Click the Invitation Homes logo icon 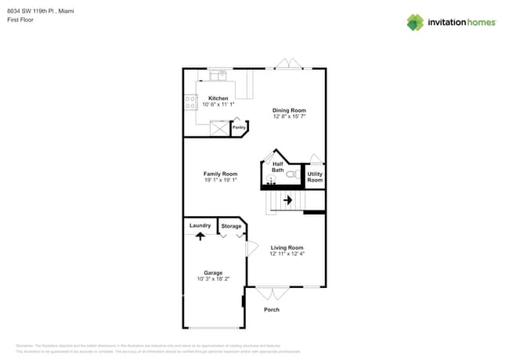(x=414, y=22)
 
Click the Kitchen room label (x=218, y=98)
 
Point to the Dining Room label (x=289, y=110)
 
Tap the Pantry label (x=239, y=127)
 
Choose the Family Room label (x=220, y=174)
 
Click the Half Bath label (x=278, y=167)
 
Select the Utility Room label (x=315, y=177)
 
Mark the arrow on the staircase (x=287, y=200)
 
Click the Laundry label (x=200, y=225)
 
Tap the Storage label (x=231, y=226)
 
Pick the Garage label (x=213, y=273)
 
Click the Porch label (x=271, y=309)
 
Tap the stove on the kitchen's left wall (x=190, y=102)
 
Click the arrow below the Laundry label (x=200, y=234)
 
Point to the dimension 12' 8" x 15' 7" (x=289, y=117)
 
